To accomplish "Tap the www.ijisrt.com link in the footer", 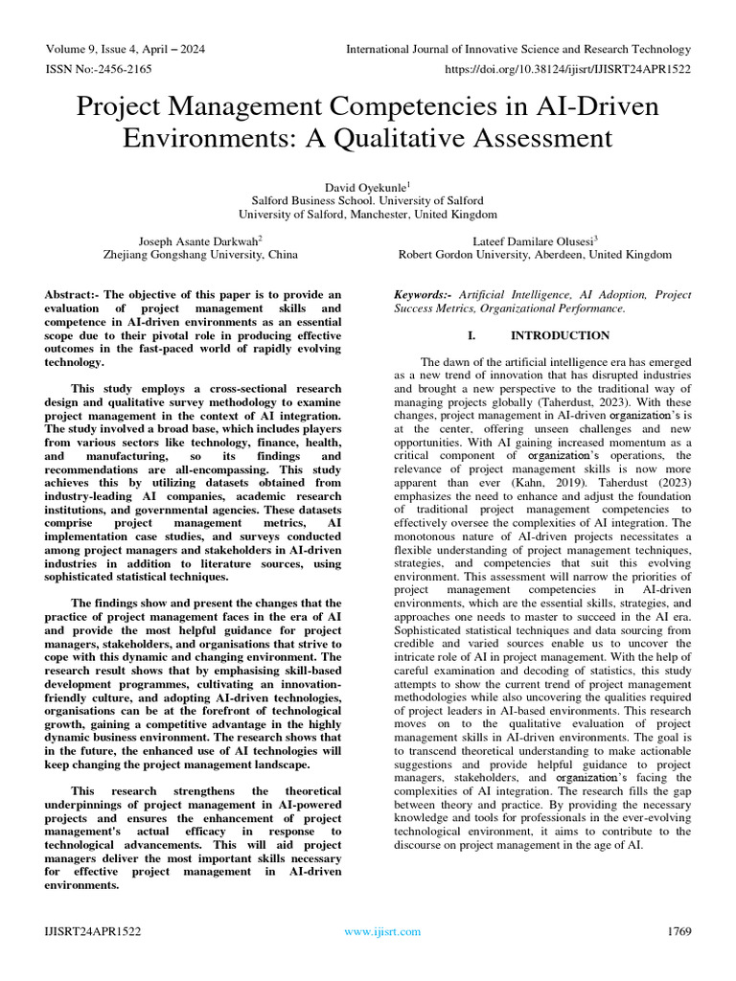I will (382, 931).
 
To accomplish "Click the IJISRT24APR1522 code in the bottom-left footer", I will (92, 931).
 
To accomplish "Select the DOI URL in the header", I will (568, 69).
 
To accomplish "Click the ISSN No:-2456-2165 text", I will (98, 69).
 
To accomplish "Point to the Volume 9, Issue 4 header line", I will (125, 49).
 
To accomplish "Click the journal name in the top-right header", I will (517, 49).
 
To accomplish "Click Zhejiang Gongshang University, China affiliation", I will (200, 255).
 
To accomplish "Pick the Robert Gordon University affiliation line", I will (535, 255).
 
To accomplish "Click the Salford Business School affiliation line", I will (368, 201).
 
